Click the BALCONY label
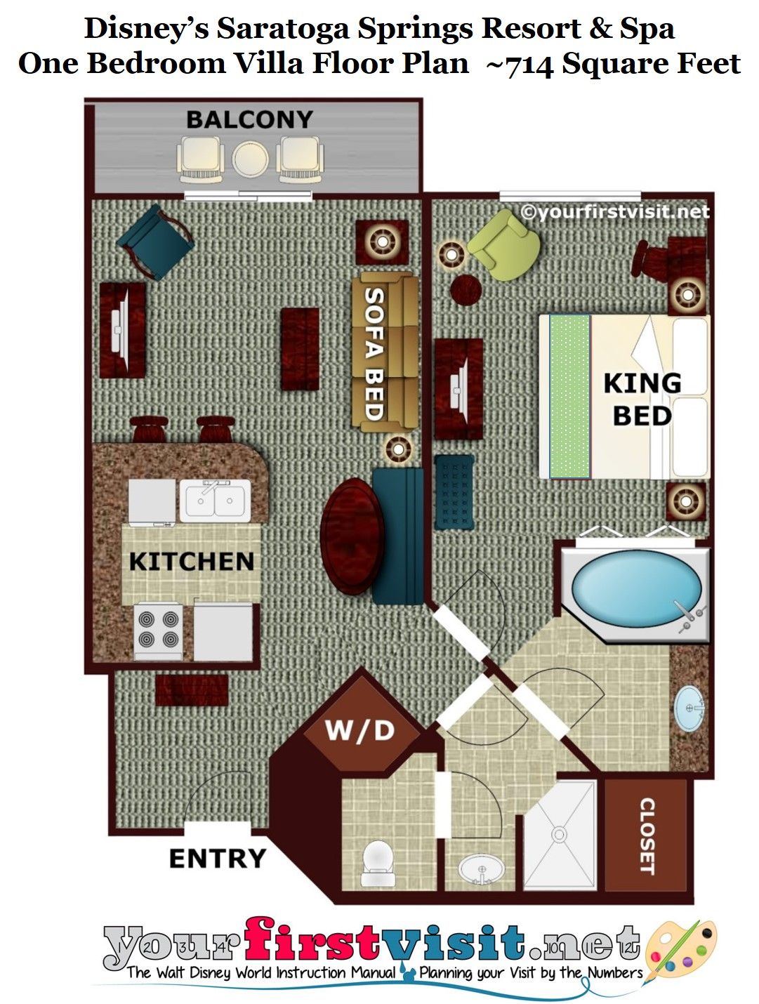pyautogui.click(x=249, y=119)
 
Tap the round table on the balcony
pyautogui.click(x=250, y=159)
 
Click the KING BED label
pyautogui.click(x=642, y=399)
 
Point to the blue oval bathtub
pyautogui.click(x=636, y=588)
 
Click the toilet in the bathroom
pyautogui.click(x=378, y=863)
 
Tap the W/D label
pyautogui.click(x=359, y=730)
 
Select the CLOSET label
pyautogui.click(x=647, y=835)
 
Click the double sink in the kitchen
pyautogui.click(x=215, y=501)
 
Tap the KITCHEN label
pyautogui.click(x=191, y=561)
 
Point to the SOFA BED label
pyautogui.click(x=374, y=353)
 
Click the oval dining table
pyautogui.click(x=352, y=536)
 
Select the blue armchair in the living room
pyautogui.click(x=156, y=242)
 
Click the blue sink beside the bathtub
pyautogui.click(x=689, y=708)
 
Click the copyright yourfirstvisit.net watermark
pyautogui.click(x=615, y=212)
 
